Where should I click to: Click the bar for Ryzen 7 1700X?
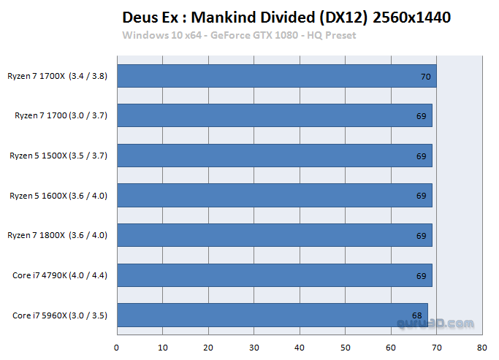[x=276, y=76]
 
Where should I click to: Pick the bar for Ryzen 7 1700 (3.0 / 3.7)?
[x=274, y=115]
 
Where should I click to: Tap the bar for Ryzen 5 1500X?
[x=274, y=156]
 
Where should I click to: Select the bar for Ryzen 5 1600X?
[x=274, y=195]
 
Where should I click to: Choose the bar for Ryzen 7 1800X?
[x=274, y=235]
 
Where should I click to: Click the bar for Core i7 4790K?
[x=274, y=275]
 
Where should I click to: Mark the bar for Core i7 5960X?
[x=272, y=315]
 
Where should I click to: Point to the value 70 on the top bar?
[x=425, y=76]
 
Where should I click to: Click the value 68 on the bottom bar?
[x=416, y=315]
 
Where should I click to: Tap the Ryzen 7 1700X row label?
[x=58, y=76]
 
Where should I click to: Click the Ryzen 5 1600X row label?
[x=58, y=195]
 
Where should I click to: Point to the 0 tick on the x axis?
[x=117, y=347]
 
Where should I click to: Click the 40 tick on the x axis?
[x=300, y=347]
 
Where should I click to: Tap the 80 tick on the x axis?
[x=481, y=347]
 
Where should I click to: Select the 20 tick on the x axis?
[x=208, y=347]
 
